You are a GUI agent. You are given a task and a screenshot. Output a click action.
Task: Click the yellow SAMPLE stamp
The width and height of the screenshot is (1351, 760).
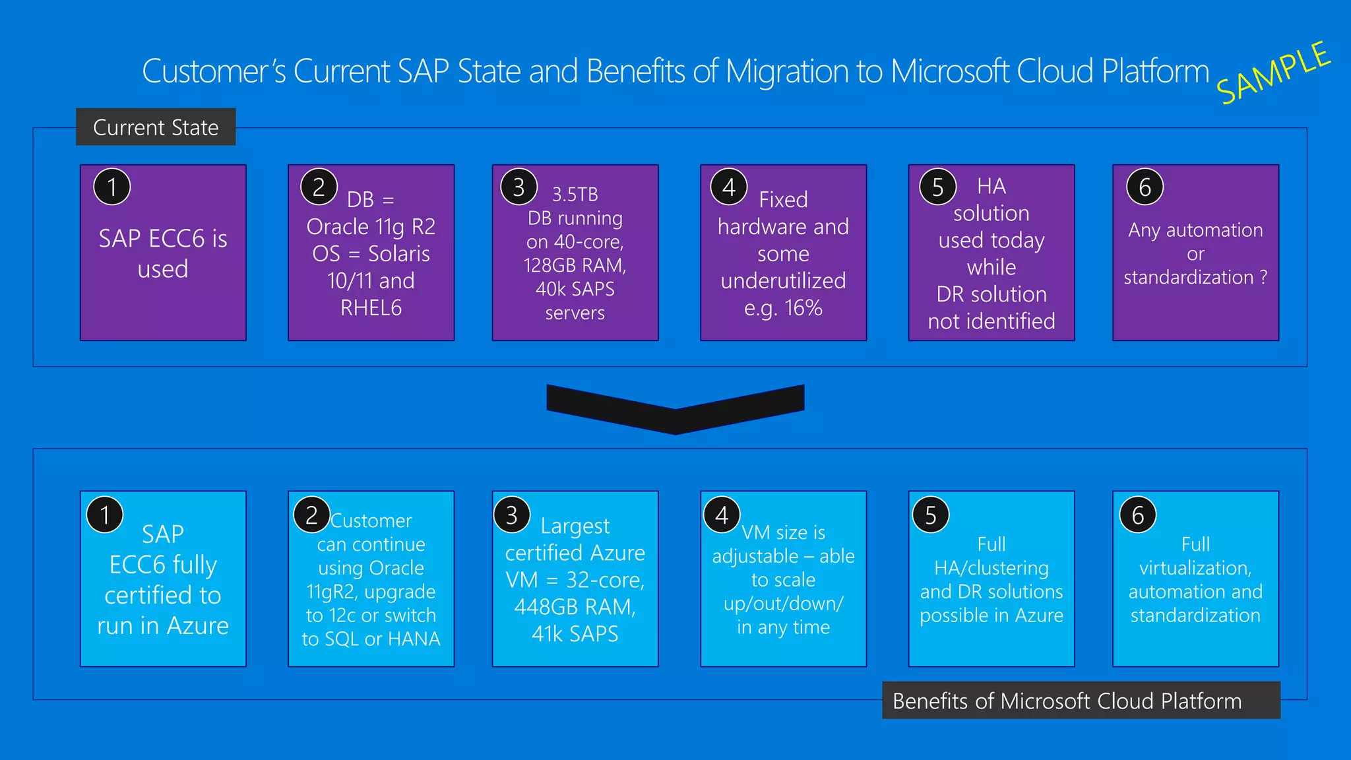1273,73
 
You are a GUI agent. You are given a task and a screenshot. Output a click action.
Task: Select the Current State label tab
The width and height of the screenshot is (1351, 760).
156,127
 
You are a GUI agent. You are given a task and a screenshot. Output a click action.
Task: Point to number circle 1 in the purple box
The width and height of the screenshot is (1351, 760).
112,187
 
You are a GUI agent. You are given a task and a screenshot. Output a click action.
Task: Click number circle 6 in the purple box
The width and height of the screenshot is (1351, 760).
1145,187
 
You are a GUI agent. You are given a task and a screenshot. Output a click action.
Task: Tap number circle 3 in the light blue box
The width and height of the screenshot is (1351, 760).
512,515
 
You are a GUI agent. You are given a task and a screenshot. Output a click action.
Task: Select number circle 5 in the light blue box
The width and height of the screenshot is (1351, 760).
930,515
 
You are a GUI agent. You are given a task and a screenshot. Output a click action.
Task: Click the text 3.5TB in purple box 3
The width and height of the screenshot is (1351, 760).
575,195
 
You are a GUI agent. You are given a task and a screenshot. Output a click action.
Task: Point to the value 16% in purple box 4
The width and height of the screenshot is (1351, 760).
803,308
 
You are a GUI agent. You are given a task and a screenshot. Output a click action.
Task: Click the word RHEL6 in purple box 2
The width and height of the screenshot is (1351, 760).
371,308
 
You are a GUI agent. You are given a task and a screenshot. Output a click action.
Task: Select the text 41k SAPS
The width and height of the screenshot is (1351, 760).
575,634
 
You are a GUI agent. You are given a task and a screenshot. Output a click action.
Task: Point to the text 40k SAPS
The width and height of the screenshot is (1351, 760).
575,289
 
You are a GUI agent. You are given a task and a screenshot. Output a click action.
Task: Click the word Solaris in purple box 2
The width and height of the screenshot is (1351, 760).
398,254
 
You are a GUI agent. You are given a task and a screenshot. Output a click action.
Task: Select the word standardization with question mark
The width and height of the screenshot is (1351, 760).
1195,278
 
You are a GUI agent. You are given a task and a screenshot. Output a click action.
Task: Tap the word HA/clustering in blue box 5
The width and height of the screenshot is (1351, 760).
991,568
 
